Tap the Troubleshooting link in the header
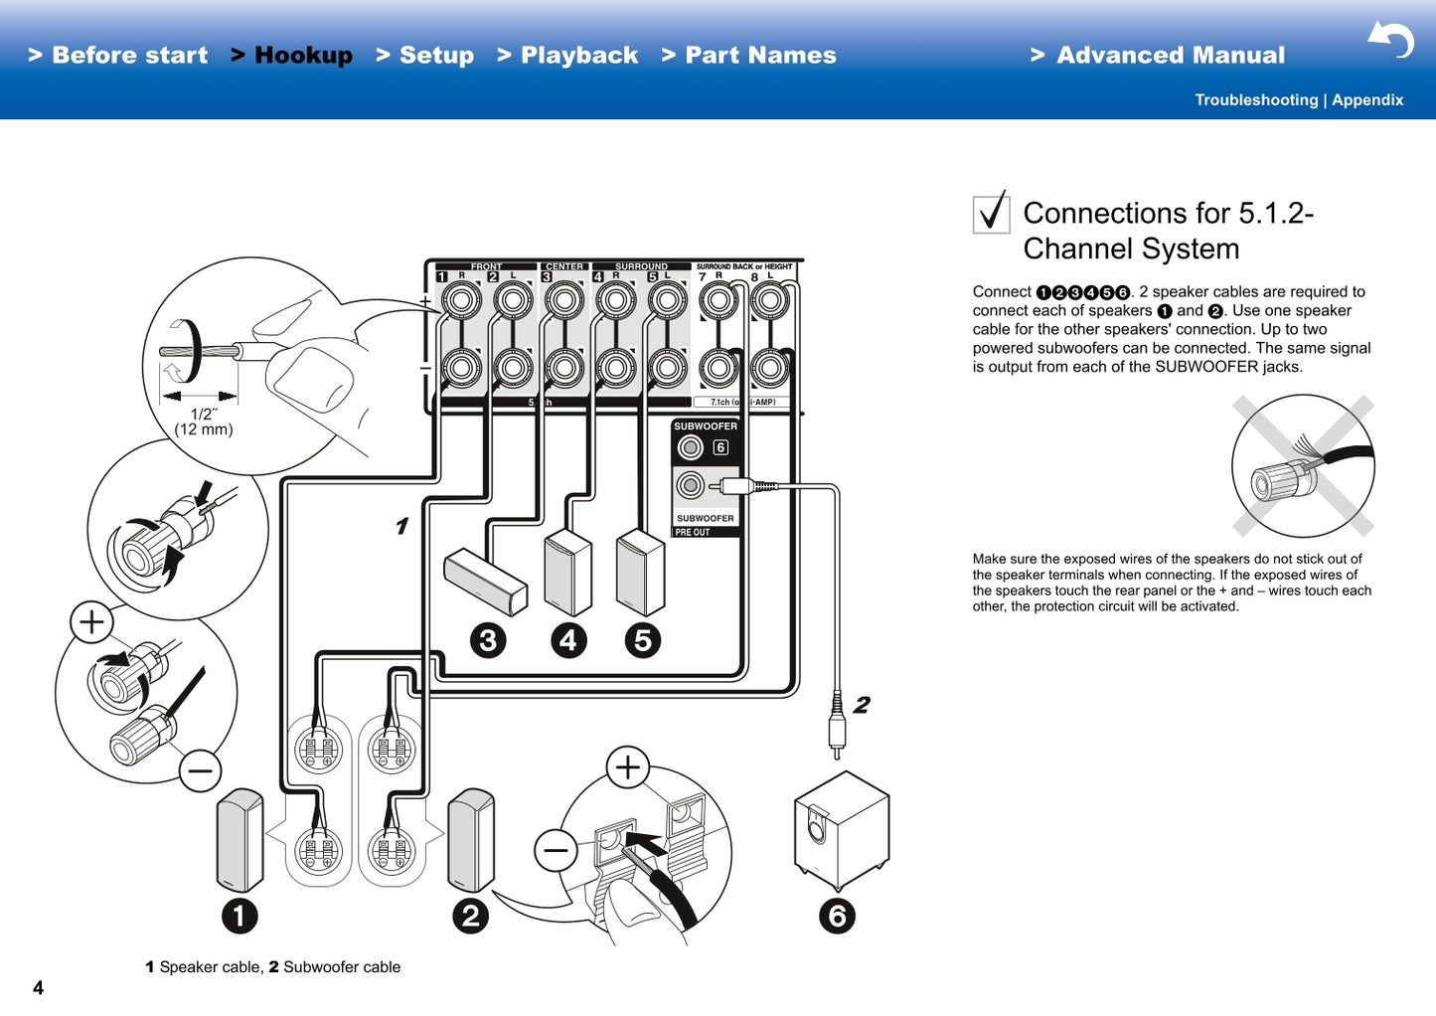1255,100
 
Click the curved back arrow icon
1391,40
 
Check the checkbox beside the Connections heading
991,213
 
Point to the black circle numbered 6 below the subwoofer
837,916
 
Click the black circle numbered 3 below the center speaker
488,641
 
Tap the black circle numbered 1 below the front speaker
239,916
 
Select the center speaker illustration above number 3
485,582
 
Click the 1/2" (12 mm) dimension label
204,422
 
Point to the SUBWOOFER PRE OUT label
705,524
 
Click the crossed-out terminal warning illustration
1303,465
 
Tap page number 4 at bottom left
39,987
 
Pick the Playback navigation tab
579,56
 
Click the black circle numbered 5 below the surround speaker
643,641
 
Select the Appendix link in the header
1367,100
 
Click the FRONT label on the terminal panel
486,266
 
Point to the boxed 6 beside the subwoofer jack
720,447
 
